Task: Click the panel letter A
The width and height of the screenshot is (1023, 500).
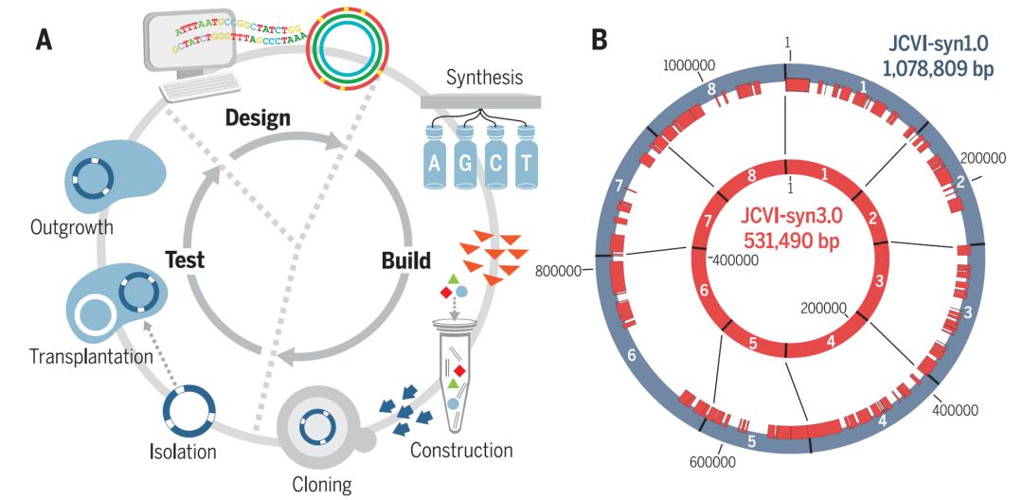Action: tap(43, 40)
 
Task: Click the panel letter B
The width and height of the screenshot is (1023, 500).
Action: tap(599, 40)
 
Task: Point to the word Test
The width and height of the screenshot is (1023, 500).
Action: tap(186, 259)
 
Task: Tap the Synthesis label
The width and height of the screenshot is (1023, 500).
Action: tap(483, 77)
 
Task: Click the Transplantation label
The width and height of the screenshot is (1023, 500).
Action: tap(91, 357)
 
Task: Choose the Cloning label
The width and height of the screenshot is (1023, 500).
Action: tap(320, 485)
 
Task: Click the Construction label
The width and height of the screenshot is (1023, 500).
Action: tap(461, 450)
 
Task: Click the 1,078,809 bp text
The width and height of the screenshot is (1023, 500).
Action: tap(934, 68)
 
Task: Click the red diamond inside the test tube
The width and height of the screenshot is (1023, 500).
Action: tap(459, 369)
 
